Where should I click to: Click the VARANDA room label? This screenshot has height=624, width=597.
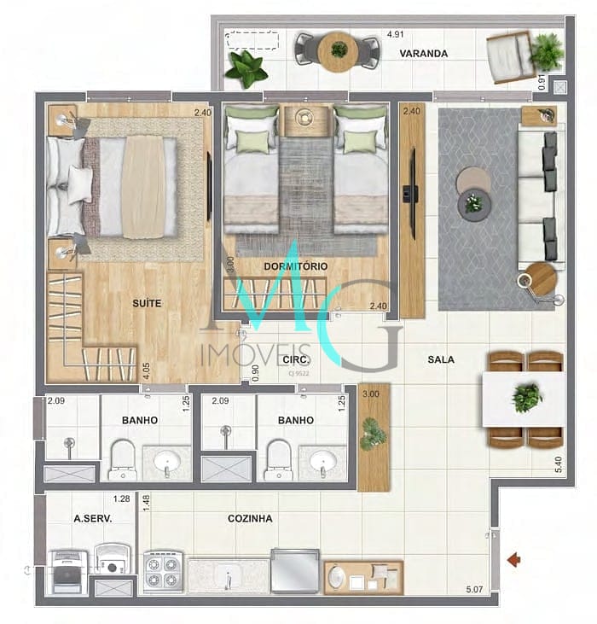pyautogui.click(x=424, y=53)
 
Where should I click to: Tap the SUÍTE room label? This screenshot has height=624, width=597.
pyautogui.click(x=147, y=303)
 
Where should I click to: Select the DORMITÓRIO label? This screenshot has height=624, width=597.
pyautogui.click(x=294, y=266)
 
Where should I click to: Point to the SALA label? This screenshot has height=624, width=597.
pyautogui.click(x=441, y=359)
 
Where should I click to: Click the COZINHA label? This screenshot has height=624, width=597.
pyautogui.click(x=250, y=518)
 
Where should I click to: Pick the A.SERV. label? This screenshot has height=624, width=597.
pyautogui.click(x=92, y=518)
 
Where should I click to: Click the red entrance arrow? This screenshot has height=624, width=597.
pyautogui.click(x=514, y=559)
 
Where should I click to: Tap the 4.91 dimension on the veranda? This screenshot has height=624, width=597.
pyautogui.click(x=394, y=35)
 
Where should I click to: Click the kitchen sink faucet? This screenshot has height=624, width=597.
pyautogui.click(x=229, y=580)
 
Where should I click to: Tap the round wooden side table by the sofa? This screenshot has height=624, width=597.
pyautogui.click(x=540, y=277)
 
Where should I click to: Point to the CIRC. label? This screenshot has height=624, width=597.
pyautogui.click(x=295, y=359)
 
